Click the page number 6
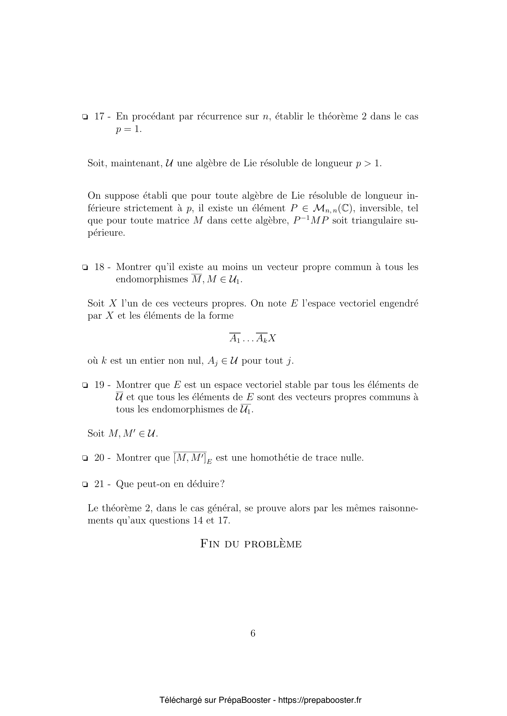pyautogui.click(x=253, y=633)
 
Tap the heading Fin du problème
pyautogui.click(x=251, y=544)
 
